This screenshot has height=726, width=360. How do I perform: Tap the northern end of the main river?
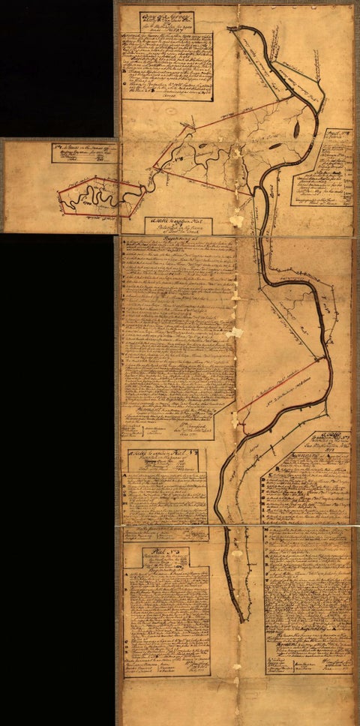pos(238,32)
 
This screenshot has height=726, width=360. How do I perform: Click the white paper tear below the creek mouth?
pos(237,220)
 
